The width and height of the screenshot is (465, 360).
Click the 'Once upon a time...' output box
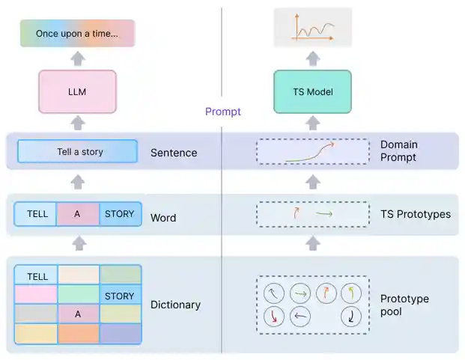(77, 34)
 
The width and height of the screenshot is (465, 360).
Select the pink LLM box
(78, 92)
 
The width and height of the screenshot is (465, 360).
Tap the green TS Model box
(312, 92)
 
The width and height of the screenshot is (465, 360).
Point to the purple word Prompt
(223, 112)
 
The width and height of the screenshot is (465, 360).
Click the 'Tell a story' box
(78, 152)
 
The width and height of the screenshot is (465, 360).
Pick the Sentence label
(174, 153)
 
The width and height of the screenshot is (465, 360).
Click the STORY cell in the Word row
(120, 214)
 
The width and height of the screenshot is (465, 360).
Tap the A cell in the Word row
(77, 214)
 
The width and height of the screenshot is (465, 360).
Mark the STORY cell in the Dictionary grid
(120, 296)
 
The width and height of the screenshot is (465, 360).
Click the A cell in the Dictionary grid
(77, 314)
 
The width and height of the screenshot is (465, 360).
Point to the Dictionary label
(175, 305)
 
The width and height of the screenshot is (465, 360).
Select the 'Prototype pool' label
(404, 305)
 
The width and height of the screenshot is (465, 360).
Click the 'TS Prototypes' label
(416, 214)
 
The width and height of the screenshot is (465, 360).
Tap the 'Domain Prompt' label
(399, 150)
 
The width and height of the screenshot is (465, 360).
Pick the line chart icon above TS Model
(312, 28)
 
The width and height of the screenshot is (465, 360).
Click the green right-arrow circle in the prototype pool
(300, 293)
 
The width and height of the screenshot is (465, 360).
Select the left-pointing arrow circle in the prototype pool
(300, 317)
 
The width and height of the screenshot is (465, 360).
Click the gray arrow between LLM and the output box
(78, 59)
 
